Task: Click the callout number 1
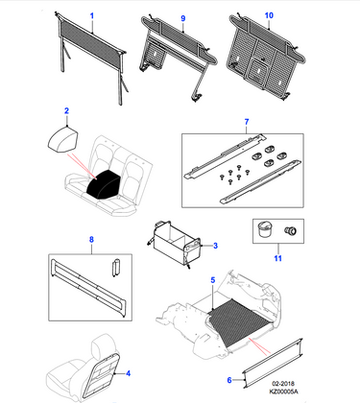[92, 15]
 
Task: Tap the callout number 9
[183, 18]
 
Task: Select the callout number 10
[269, 15]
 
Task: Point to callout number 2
[66, 110]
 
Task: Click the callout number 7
[247, 122]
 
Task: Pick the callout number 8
[91, 239]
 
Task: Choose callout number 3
[215, 246]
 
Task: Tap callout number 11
[277, 258]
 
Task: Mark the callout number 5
[213, 280]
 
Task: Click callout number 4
[128, 373]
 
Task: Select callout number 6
[229, 380]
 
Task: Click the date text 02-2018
[283, 384]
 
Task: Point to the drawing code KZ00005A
[283, 391]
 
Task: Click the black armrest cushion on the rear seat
[104, 182]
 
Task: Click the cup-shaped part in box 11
[264, 229]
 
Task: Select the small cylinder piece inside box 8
[115, 268]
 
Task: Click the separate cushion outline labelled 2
[63, 141]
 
